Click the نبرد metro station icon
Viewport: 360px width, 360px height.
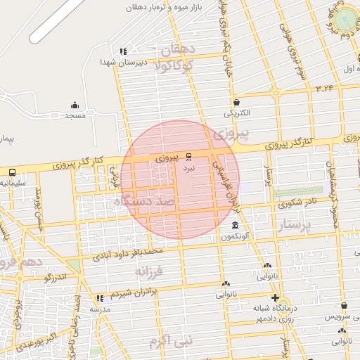(x=188, y=156)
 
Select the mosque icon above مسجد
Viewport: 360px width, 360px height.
(x=75, y=104)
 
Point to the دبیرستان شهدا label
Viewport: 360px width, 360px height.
(x=150, y=62)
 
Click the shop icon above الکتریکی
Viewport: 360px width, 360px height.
(x=236, y=102)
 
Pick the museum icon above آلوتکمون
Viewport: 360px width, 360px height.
(x=235, y=225)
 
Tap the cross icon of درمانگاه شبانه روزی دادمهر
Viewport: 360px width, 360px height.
(x=275, y=297)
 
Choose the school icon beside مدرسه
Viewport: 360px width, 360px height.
(x=99, y=297)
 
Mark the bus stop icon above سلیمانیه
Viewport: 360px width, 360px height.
(x=12, y=172)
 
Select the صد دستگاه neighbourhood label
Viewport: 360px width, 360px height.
(x=146, y=202)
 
